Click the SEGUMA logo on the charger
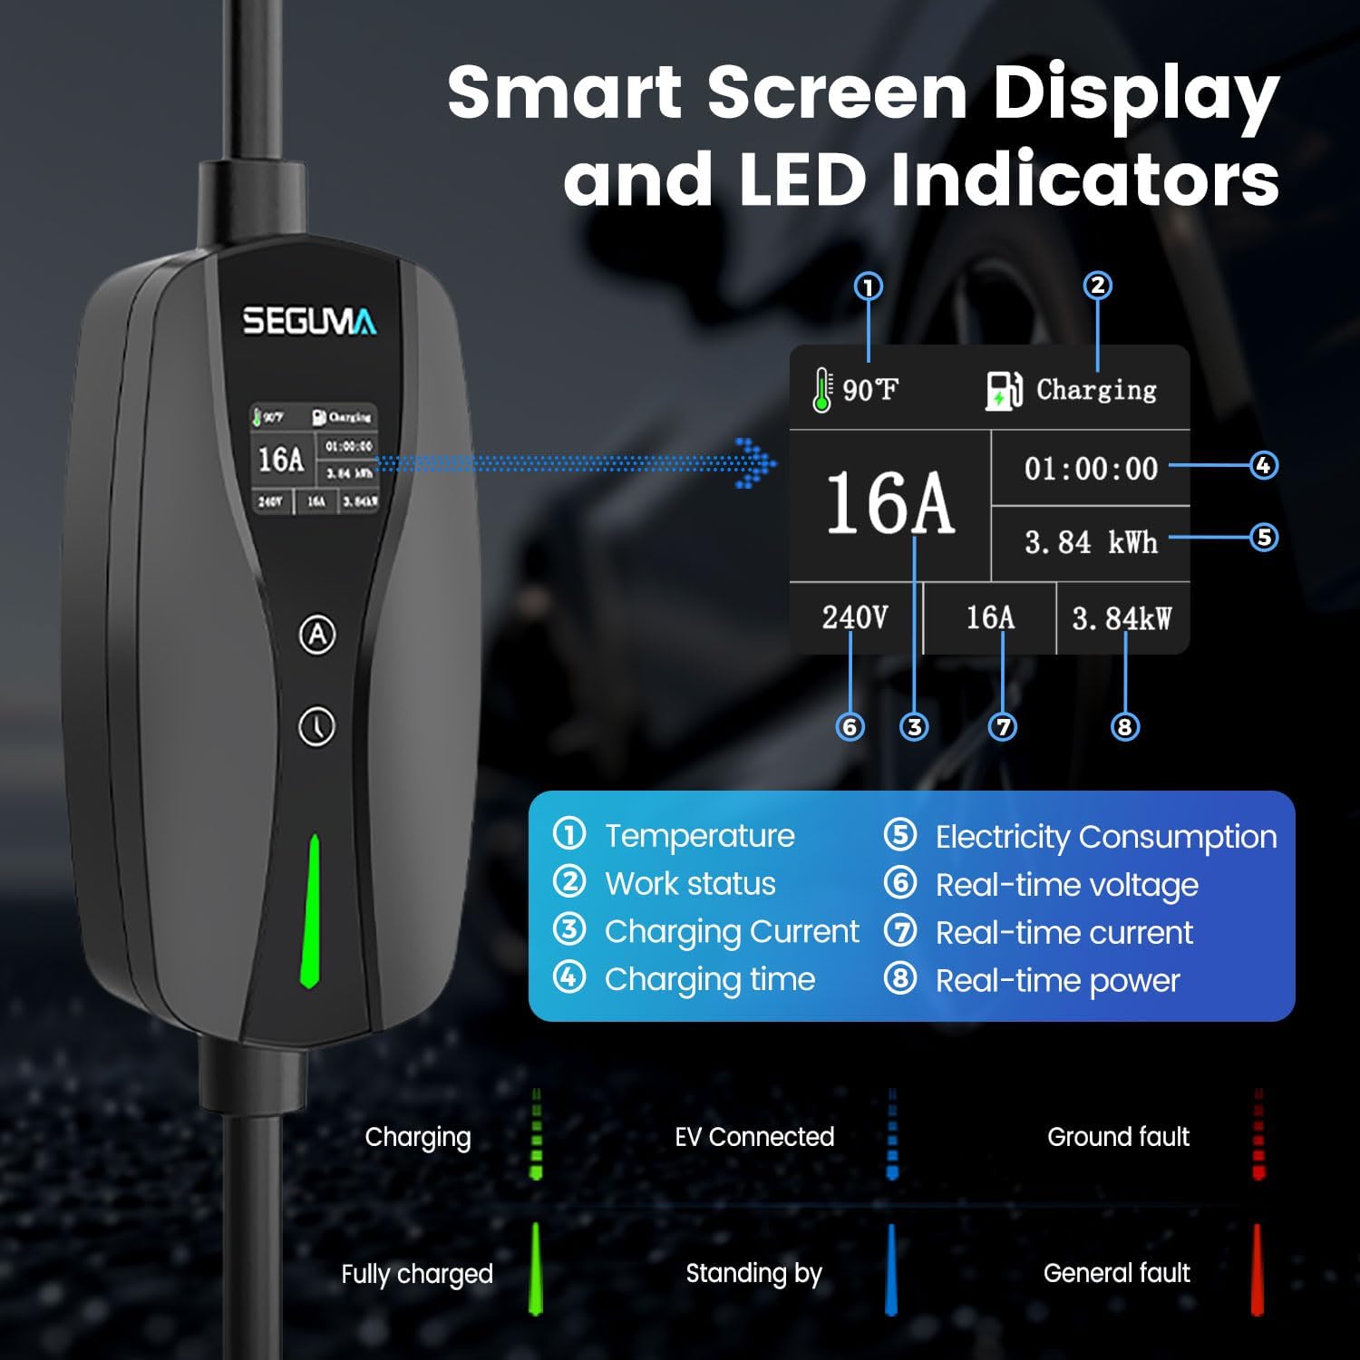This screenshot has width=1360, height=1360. click(x=309, y=321)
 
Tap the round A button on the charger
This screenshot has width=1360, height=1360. click(x=317, y=635)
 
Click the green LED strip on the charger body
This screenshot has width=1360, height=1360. click(x=311, y=911)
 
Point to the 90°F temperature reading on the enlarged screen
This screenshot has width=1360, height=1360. click(x=869, y=390)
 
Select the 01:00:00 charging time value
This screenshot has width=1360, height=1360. click(x=1091, y=469)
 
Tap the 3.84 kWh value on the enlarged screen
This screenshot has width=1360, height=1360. click(x=1091, y=542)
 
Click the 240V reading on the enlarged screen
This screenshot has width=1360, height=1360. click(x=854, y=617)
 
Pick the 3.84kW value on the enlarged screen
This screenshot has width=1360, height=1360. click(x=1122, y=618)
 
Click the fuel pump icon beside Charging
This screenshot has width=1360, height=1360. click(x=1004, y=391)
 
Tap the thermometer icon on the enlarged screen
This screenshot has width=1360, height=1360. click(x=822, y=390)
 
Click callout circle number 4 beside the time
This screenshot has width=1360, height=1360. click(x=1264, y=465)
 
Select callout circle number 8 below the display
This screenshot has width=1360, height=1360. click(x=1124, y=726)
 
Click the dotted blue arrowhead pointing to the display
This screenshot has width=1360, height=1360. click(x=757, y=463)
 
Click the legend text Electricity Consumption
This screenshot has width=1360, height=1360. click(x=1105, y=836)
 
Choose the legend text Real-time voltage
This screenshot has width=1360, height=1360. click(x=1066, y=884)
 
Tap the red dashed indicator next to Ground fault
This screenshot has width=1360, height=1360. click(x=1258, y=1134)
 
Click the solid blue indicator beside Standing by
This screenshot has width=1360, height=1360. click(x=891, y=1271)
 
